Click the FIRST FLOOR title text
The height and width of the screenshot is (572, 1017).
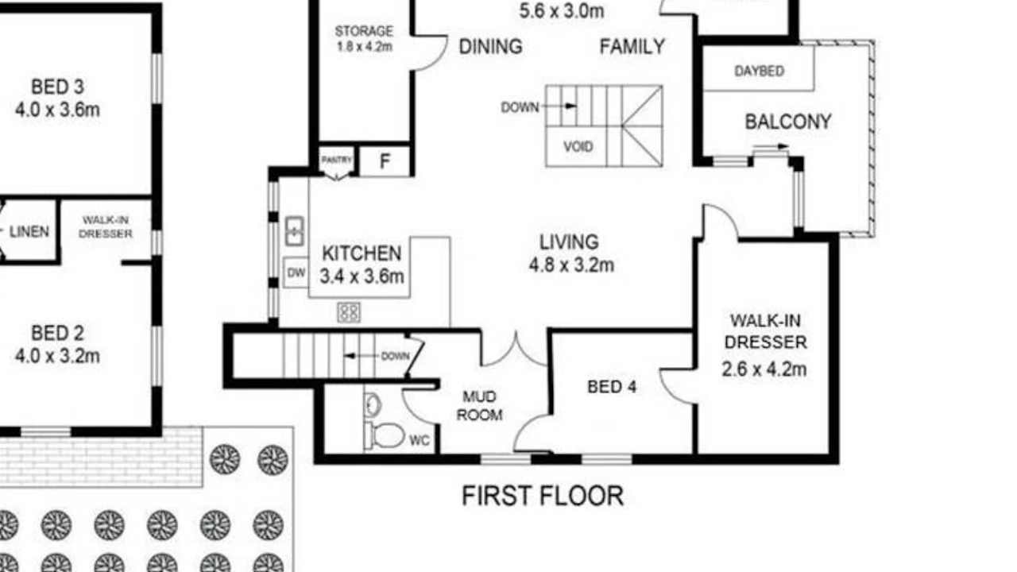tap(543, 497)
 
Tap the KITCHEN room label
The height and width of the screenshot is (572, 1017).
tap(362, 253)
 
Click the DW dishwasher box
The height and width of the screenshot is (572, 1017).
tap(296, 272)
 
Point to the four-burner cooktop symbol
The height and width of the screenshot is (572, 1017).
tap(349, 312)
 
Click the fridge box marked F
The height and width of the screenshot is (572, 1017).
tap(385, 161)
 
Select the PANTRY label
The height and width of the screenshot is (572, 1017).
tap(336, 160)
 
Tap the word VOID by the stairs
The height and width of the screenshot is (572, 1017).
tap(578, 147)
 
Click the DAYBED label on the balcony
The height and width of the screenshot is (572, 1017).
tap(759, 71)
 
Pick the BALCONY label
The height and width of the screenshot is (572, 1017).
tap(787, 122)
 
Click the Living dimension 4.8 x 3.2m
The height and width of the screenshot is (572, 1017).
tap(571, 265)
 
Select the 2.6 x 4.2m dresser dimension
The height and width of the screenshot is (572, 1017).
tap(764, 369)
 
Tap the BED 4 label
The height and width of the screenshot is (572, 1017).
tap(612, 387)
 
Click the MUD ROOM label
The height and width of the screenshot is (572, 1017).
tap(479, 405)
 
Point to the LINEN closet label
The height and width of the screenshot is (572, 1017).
tap(29, 232)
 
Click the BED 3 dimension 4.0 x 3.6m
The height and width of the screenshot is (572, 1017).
tap(57, 110)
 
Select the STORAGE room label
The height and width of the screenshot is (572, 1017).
tap(364, 32)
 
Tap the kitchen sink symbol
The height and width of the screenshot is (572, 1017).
tap(294, 231)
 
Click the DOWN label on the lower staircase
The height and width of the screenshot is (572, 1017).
tap(395, 356)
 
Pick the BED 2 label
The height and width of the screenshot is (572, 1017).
tap(57, 333)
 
